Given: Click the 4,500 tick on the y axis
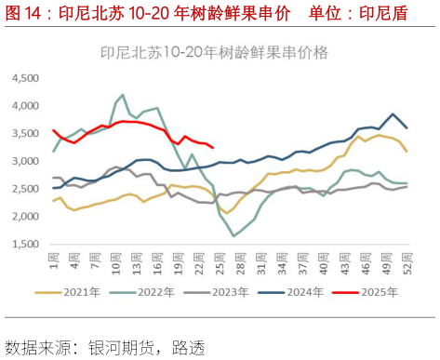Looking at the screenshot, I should [x=26, y=78].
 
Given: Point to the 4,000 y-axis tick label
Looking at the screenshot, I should [x=26, y=106].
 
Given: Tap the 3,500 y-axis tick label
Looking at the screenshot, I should [x=26, y=134].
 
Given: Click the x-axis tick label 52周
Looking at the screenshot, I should [x=407, y=263].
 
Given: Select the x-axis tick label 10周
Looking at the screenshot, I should [x=116, y=263].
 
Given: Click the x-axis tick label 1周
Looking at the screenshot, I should [x=54, y=261].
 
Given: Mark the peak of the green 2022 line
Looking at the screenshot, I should [x=123, y=95].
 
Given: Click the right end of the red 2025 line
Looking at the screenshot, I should [x=213, y=147].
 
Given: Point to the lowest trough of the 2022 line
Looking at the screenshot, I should [x=233, y=235].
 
